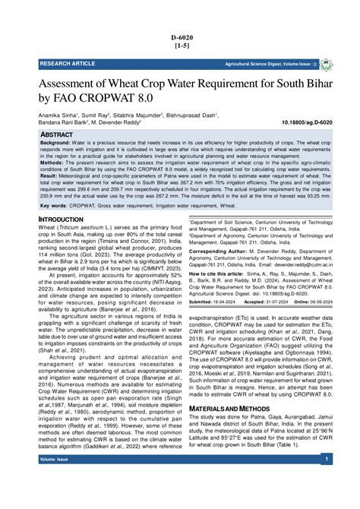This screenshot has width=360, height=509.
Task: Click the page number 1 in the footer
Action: (325, 460)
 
